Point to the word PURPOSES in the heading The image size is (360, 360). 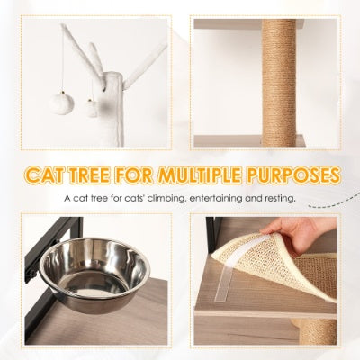(x=302, y=173)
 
